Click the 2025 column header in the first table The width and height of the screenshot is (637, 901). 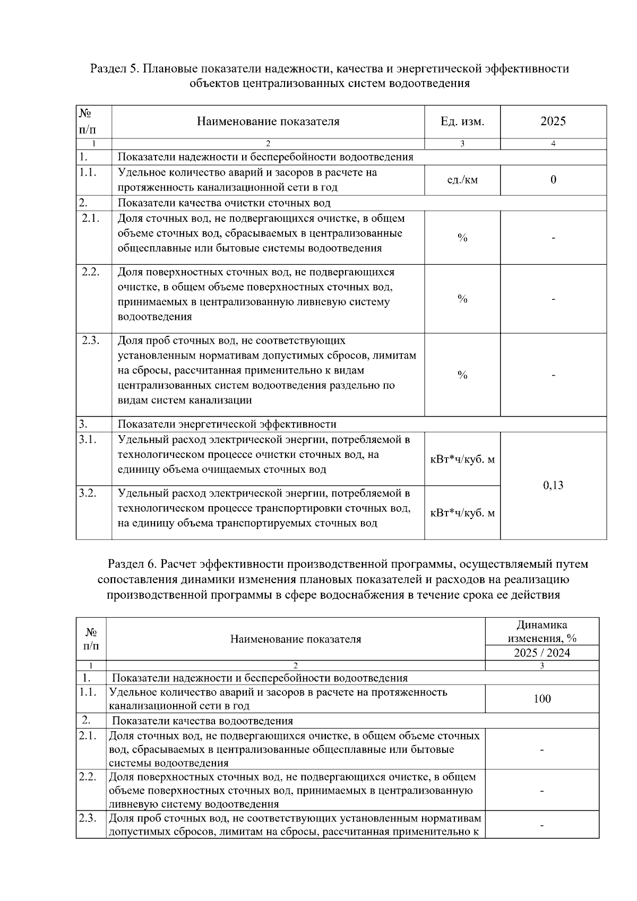553,122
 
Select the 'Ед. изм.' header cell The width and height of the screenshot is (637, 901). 462,122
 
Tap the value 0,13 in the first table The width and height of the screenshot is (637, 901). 553,485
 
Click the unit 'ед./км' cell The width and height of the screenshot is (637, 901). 462,180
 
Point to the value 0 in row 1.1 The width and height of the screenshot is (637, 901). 553,180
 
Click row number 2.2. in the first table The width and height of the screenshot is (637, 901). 91,272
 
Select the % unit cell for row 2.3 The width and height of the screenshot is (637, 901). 462,375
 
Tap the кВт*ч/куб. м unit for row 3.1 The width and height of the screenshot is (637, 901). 462,460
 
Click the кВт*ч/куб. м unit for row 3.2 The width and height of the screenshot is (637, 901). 462,513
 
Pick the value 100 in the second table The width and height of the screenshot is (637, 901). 542,699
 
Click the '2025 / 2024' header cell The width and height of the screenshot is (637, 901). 542,653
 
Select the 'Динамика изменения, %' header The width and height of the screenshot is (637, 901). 542,631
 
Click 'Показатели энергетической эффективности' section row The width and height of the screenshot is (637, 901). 227,424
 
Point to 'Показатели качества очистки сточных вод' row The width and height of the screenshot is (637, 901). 223,203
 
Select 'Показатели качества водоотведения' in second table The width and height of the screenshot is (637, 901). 202,721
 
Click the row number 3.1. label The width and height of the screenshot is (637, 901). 88,440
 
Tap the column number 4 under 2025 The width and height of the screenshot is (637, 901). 553,144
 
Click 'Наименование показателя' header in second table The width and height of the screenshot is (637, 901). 295,639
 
